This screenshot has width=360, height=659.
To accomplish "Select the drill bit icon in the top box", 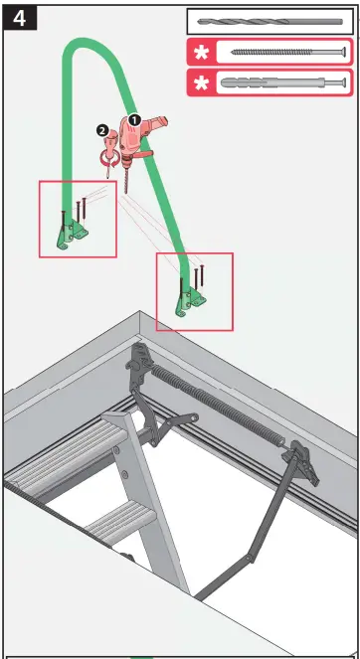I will coord(270,21).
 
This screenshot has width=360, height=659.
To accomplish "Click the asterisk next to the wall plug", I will coord(202,83).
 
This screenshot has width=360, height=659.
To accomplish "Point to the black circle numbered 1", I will coord(134,118).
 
